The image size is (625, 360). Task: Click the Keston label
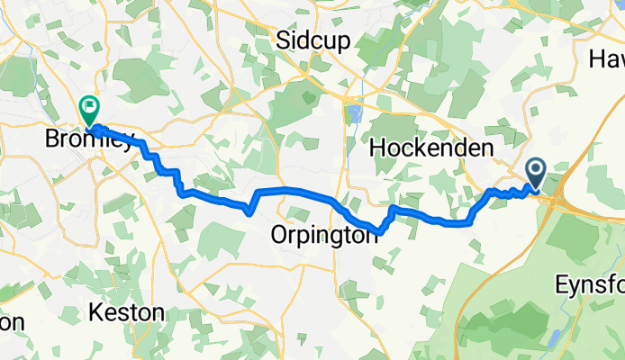(x=127, y=313)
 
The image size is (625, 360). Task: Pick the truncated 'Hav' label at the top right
(x=607, y=58)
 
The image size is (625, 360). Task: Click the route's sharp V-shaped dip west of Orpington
(x=248, y=213)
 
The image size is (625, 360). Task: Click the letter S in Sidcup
(x=283, y=40)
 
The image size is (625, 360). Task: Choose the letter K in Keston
(x=96, y=313)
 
